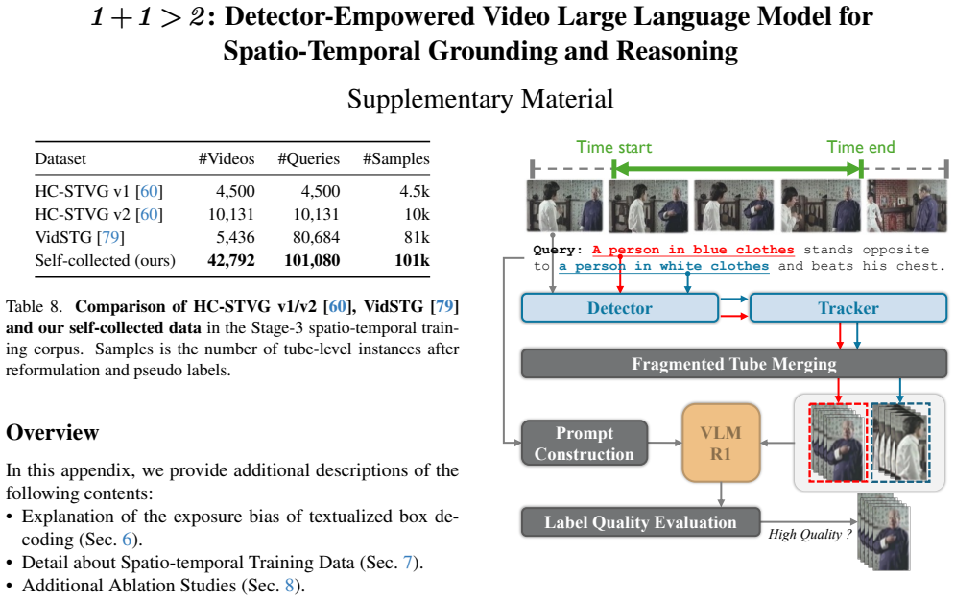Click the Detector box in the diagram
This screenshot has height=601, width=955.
(x=619, y=308)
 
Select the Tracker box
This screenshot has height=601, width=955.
(x=848, y=308)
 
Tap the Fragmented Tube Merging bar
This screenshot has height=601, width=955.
(x=734, y=364)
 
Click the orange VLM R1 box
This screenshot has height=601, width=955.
(x=721, y=443)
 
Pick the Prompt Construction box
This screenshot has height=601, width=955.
(x=585, y=443)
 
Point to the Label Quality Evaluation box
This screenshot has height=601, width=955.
(x=641, y=522)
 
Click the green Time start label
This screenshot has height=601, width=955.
(x=614, y=147)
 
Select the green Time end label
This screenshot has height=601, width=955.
(x=861, y=147)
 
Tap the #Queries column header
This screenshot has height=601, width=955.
(x=309, y=159)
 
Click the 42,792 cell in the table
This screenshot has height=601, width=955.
(x=231, y=260)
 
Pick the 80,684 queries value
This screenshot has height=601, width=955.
(x=316, y=237)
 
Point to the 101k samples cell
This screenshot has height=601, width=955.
(x=412, y=260)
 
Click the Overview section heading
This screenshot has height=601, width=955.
(x=53, y=432)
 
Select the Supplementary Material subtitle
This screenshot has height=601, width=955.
(x=480, y=99)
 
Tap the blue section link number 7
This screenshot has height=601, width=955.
(x=408, y=563)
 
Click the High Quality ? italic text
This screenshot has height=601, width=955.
(x=810, y=534)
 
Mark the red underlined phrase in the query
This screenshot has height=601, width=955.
(x=693, y=251)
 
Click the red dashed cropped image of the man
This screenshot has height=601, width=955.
(x=838, y=443)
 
